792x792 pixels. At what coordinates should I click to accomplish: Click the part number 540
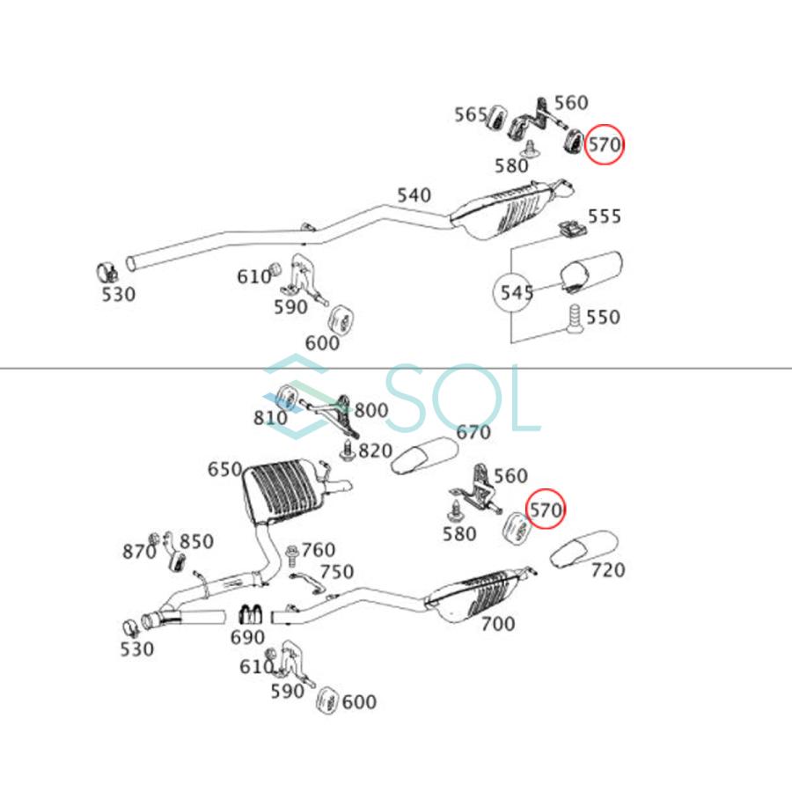tap(414, 195)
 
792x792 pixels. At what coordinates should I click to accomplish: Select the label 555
tap(604, 216)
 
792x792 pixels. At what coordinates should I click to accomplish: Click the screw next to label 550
tap(575, 318)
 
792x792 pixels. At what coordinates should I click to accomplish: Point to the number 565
tap(471, 114)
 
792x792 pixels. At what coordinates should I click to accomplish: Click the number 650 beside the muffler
tap(224, 469)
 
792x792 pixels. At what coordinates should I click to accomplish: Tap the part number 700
tap(498, 624)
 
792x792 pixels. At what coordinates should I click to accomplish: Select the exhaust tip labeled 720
tap(583, 548)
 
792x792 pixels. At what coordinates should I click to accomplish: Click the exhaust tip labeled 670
tap(425, 456)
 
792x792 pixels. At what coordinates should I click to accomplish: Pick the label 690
tap(247, 637)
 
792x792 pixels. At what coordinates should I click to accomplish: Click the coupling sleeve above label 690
tap(250, 613)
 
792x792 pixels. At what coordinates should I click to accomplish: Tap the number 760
tap(319, 549)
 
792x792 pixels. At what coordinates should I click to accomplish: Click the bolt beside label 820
tap(348, 451)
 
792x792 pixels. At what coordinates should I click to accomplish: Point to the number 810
tap(270, 418)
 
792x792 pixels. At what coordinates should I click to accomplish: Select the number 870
tap(139, 551)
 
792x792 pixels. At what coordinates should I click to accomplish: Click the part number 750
tap(337, 571)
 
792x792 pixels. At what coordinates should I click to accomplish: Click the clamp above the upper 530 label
tap(107, 273)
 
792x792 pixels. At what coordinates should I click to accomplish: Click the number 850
tap(196, 541)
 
